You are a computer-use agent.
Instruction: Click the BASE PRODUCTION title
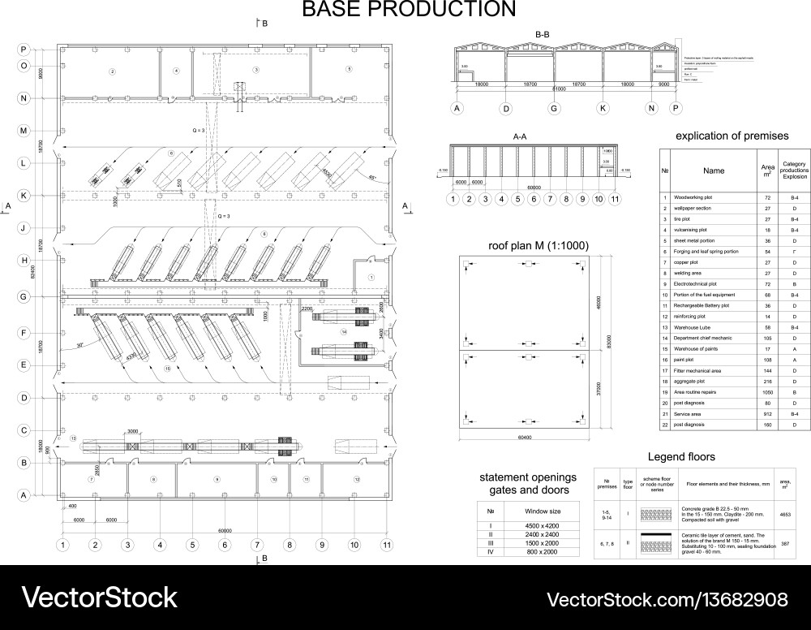click(409, 10)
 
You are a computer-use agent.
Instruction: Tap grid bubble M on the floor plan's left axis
click(24, 131)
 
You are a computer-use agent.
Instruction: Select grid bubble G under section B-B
click(555, 108)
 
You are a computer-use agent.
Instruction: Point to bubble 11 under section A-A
click(615, 198)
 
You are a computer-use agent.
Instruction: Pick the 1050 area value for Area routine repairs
click(767, 391)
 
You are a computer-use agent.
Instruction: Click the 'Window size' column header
click(543, 512)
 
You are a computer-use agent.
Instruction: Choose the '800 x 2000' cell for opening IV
click(543, 552)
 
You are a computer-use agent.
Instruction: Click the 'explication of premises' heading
click(732, 136)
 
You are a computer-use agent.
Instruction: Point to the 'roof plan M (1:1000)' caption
click(539, 245)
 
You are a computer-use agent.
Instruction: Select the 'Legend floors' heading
click(681, 457)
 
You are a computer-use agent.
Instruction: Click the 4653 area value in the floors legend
click(785, 514)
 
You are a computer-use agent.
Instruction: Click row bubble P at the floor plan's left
click(24, 50)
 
